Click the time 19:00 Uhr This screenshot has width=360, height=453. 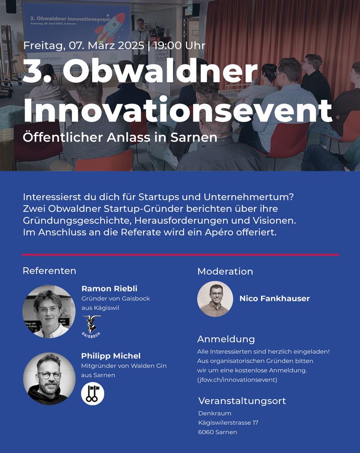click(180, 46)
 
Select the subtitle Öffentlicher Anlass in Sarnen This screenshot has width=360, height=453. click(120, 137)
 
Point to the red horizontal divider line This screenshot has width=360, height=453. click(180, 255)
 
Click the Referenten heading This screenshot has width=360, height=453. click(49, 271)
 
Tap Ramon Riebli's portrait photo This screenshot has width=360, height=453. click(49, 311)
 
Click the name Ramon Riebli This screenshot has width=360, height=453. click(109, 288)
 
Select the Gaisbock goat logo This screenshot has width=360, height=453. click(92, 326)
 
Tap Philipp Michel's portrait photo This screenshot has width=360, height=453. click(49, 379)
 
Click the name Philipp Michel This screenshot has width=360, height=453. click(111, 356)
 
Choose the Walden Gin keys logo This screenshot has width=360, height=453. click(93, 394)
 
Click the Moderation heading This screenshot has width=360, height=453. click(225, 271)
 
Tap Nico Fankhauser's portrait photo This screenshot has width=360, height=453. click(215, 299)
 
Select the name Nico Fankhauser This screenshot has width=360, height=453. click(275, 298)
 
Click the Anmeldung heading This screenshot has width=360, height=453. click(226, 339)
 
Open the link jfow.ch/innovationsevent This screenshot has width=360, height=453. click(237, 380)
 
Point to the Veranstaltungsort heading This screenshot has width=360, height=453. click(242, 401)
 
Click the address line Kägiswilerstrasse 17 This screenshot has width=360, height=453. click(228, 423)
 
